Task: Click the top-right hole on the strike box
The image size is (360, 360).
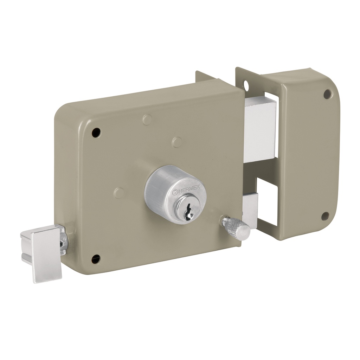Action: tap(327, 94)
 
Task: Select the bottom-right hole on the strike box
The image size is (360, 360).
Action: tap(325, 216)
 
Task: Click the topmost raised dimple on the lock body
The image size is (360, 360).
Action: tap(147, 120)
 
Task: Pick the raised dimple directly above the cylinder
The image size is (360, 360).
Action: tap(177, 142)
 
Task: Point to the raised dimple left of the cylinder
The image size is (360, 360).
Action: tap(119, 193)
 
